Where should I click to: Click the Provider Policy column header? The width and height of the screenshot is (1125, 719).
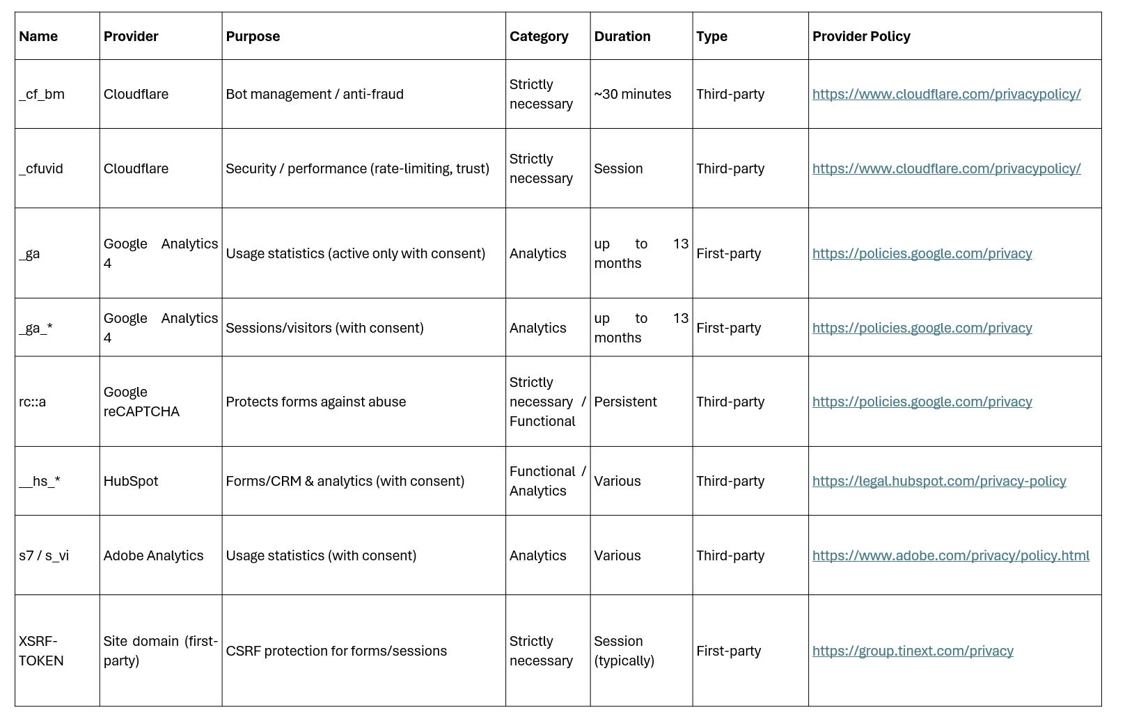coord(861,36)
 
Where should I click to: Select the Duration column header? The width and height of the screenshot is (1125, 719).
coord(622,36)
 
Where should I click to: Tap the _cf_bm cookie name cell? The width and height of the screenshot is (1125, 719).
coord(42,94)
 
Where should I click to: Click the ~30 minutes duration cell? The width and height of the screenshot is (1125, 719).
coord(632,94)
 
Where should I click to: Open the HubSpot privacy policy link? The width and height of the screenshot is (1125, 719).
coord(938,481)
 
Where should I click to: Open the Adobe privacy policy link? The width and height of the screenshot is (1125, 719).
coord(950,555)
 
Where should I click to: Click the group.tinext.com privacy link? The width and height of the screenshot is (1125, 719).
coord(912,651)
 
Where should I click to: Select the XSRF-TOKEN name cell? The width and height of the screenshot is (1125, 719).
coord(41,651)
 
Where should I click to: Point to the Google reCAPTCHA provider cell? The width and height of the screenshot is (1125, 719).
coord(141,402)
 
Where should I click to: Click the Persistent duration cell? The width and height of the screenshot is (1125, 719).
coord(625,402)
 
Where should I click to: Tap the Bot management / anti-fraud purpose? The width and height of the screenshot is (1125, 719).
coord(315,94)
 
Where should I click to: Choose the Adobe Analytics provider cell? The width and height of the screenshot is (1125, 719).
coord(153,555)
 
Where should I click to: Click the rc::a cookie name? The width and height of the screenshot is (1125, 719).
coord(33,402)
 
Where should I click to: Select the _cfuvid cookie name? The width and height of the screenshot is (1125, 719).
coord(41,168)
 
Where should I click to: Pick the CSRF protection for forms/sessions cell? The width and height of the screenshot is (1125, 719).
coord(336,651)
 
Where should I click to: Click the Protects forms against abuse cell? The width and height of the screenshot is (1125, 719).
coord(315,402)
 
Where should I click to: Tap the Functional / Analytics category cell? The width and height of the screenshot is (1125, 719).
coord(547,481)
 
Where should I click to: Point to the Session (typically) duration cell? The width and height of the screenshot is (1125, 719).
coord(624,651)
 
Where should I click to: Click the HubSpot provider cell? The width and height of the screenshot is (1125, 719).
coord(131,481)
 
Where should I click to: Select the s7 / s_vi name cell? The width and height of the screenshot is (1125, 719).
coord(44,555)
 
